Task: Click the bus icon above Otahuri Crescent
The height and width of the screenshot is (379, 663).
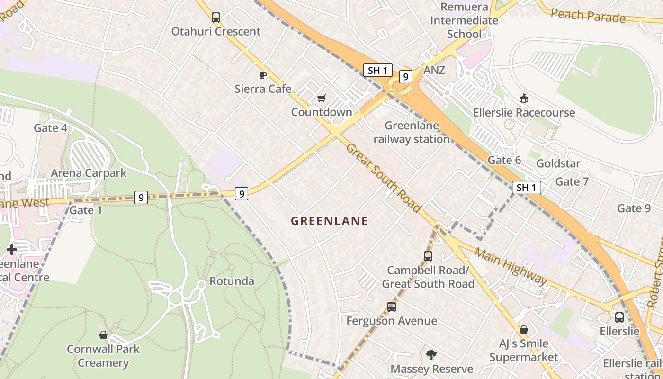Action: click(216, 18)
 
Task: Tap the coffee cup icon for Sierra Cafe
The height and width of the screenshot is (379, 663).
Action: click(263, 75)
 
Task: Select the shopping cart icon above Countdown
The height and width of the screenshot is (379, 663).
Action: click(322, 99)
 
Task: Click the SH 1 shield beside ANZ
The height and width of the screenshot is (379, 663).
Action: click(377, 70)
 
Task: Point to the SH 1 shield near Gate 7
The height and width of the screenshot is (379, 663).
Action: click(526, 188)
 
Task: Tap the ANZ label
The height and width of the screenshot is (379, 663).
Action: click(435, 70)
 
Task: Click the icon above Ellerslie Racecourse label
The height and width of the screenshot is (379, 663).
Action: click(524, 99)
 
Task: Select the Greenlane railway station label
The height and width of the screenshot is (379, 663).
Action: click(412, 132)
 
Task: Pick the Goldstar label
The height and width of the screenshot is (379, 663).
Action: click(558, 163)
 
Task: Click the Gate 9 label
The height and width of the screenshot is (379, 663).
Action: click(634, 208)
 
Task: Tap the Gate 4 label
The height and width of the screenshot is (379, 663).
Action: click(50, 128)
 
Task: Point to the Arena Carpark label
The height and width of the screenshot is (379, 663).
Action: click(89, 173)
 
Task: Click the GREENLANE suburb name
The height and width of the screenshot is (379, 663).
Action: click(329, 221)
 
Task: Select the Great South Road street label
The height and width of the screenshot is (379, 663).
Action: click(384, 178)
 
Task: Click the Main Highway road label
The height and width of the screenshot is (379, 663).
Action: click(511, 266)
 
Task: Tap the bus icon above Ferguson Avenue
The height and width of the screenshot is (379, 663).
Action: click(392, 307)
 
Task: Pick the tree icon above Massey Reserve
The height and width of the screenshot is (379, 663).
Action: click(431, 354)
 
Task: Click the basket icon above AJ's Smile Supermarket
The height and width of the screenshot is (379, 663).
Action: click(523, 330)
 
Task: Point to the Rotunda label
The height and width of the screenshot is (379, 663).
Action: click(232, 281)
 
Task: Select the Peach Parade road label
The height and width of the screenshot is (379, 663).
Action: click(588, 16)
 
